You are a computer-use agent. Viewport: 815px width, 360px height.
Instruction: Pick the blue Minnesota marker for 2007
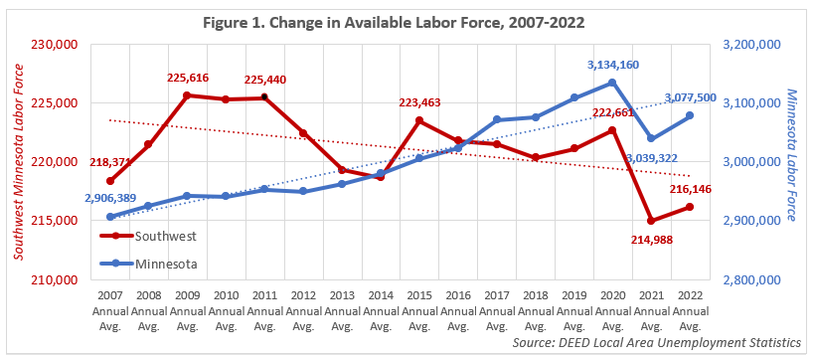[x=110, y=217]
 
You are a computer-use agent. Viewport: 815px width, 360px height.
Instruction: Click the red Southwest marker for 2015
[x=418, y=120]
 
